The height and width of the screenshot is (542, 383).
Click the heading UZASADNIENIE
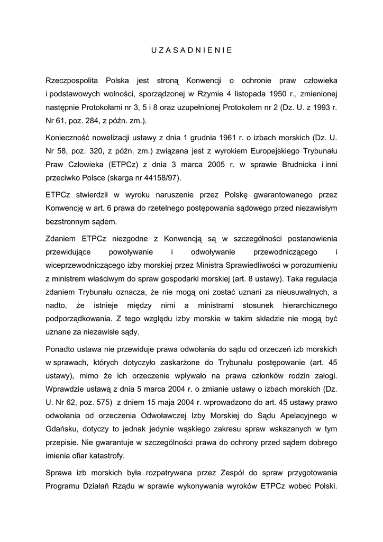point(191,51)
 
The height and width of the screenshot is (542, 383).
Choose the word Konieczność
point(69,137)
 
